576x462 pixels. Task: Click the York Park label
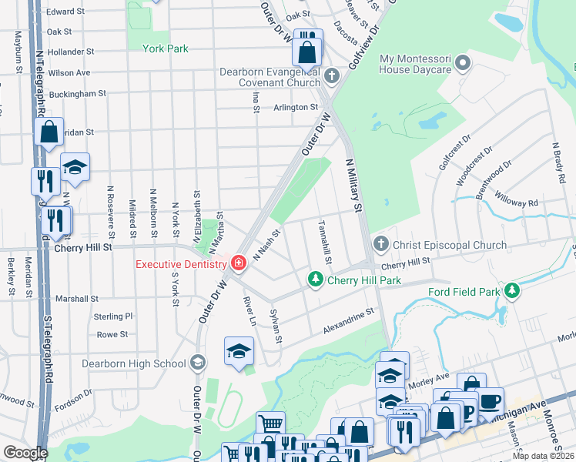click(166, 49)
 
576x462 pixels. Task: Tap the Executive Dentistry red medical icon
click(239, 264)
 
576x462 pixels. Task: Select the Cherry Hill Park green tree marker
click(314, 279)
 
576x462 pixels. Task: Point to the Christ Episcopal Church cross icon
click(380, 245)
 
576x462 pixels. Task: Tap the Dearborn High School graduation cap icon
click(198, 363)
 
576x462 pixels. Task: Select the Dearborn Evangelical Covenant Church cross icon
click(331, 75)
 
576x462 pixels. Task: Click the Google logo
click(25, 453)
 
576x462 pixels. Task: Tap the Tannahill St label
click(324, 243)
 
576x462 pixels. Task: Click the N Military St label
click(353, 185)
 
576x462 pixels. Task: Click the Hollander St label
click(70, 52)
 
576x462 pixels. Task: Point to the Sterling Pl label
click(112, 316)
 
